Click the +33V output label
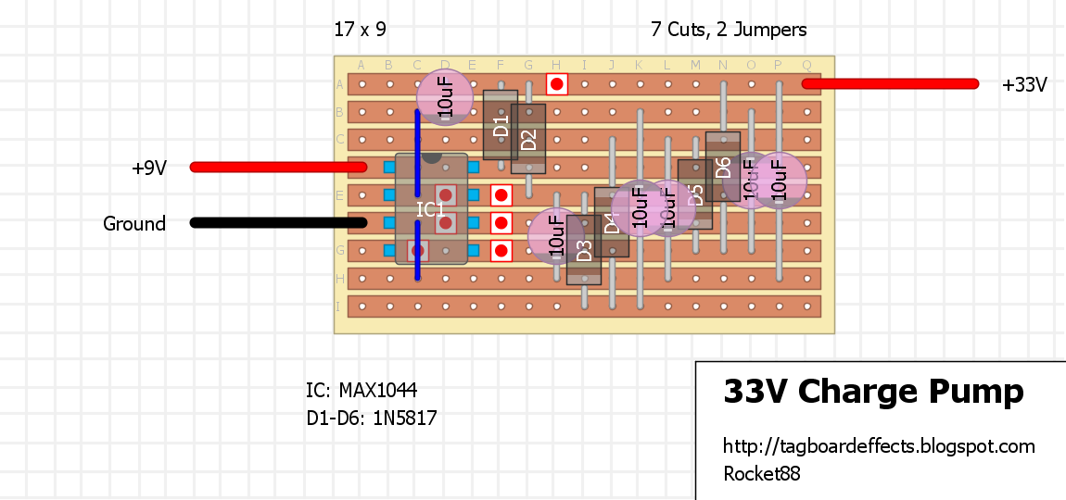click(x=1024, y=85)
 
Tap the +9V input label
click(x=148, y=169)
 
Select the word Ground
click(x=134, y=224)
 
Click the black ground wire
click(x=278, y=222)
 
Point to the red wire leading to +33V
click(x=890, y=83)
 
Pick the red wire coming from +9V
click(x=278, y=167)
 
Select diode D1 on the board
click(x=501, y=125)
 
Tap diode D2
click(x=528, y=139)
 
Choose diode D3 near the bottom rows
click(x=584, y=250)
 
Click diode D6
click(x=723, y=167)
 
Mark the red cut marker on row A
click(x=556, y=84)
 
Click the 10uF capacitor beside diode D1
click(x=445, y=97)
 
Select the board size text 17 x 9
click(x=360, y=30)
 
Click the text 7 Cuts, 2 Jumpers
click(x=729, y=30)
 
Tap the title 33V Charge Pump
click(x=873, y=392)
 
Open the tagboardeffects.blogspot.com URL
click(x=879, y=446)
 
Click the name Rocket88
click(x=761, y=474)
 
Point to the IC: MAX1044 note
click(x=368, y=390)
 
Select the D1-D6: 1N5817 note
click(x=372, y=419)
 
